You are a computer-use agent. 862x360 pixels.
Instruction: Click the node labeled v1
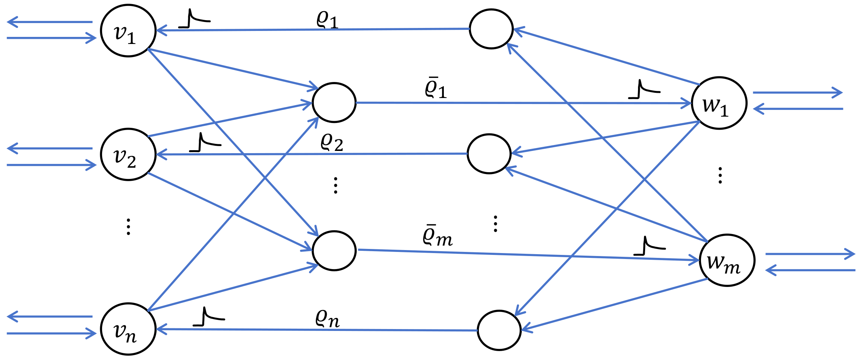point(128,31)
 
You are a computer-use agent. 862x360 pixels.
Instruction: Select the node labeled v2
point(128,155)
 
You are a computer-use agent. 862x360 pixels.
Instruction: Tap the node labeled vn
point(128,329)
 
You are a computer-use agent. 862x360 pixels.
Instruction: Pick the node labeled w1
point(719,103)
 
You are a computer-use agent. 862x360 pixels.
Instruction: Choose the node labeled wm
point(727,260)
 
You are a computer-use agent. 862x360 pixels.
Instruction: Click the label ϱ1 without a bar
point(327,19)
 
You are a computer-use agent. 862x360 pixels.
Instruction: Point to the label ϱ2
point(331,142)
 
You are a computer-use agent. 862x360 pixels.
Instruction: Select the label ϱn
point(327,319)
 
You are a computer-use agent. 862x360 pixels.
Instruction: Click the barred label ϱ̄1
point(435,89)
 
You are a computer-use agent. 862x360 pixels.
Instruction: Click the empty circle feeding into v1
point(491,29)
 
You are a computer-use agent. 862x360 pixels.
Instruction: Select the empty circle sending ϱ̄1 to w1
point(334,102)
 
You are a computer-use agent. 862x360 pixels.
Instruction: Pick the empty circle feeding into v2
point(489,154)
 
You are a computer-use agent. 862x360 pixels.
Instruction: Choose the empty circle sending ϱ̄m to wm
point(334,251)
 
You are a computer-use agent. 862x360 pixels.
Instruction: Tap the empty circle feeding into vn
point(499,331)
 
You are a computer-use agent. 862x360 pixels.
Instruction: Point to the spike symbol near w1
point(644,90)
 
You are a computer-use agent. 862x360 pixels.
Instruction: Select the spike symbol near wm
point(649,246)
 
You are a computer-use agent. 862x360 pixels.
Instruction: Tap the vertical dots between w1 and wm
point(720,176)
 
